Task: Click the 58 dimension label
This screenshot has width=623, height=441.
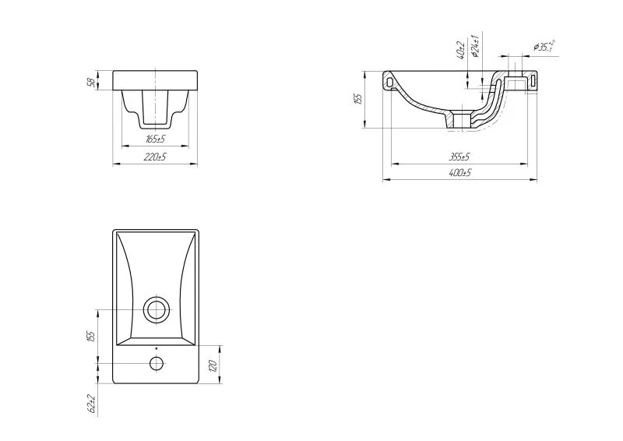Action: pyautogui.click(x=91, y=83)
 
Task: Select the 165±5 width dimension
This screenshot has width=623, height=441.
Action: pyautogui.click(x=156, y=139)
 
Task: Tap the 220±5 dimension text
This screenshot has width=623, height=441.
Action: pyautogui.click(x=156, y=157)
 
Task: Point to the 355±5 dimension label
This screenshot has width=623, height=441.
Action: pyautogui.click(x=459, y=157)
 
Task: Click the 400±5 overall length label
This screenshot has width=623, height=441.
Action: pyautogui.click(x=459, y=173)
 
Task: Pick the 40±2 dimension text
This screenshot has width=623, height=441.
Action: pyautogui.click(x=461, y=50)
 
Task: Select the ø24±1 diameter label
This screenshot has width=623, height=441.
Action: pyautogui.click(x=475, y=46)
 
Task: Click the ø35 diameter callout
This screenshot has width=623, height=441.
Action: pyautogui.click(x=544, y=46)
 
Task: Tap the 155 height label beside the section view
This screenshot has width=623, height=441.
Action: pyautogui.click(x=358, y=99)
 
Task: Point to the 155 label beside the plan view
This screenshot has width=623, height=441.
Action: pyautogui.click(x=92, y=336)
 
